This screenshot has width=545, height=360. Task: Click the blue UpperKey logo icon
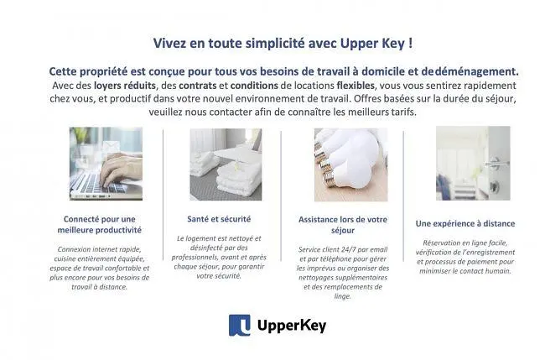point(239,325)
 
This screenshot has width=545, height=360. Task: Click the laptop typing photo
point(106,164)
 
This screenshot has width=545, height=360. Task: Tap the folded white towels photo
point(226,164)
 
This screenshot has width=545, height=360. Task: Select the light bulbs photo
point(350,164)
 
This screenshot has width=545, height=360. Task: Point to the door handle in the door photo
point(496,163)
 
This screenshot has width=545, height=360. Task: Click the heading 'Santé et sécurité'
point(219,219)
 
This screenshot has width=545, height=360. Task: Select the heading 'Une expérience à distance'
point(465,224)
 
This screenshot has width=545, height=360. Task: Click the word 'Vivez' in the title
point(170,43)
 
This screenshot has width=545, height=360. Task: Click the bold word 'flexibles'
point(356,86)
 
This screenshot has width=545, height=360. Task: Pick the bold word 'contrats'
point(197,86)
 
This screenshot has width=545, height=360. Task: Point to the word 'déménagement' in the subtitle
point(476,71)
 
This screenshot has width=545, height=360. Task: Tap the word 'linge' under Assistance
point(342,296)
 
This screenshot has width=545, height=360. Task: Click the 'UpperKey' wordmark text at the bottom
point(292,326)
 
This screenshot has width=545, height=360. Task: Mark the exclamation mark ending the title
point(411,43)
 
